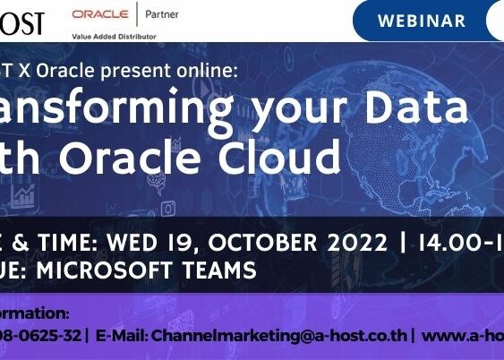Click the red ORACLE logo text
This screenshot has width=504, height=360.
point(99,14)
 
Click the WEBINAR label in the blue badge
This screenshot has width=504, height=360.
point(422,21)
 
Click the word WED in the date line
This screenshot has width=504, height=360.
point(131,241)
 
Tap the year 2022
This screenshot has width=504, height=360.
point(352,241)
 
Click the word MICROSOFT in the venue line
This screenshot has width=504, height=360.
point(115,269)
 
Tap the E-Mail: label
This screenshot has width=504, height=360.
point(122,336)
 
